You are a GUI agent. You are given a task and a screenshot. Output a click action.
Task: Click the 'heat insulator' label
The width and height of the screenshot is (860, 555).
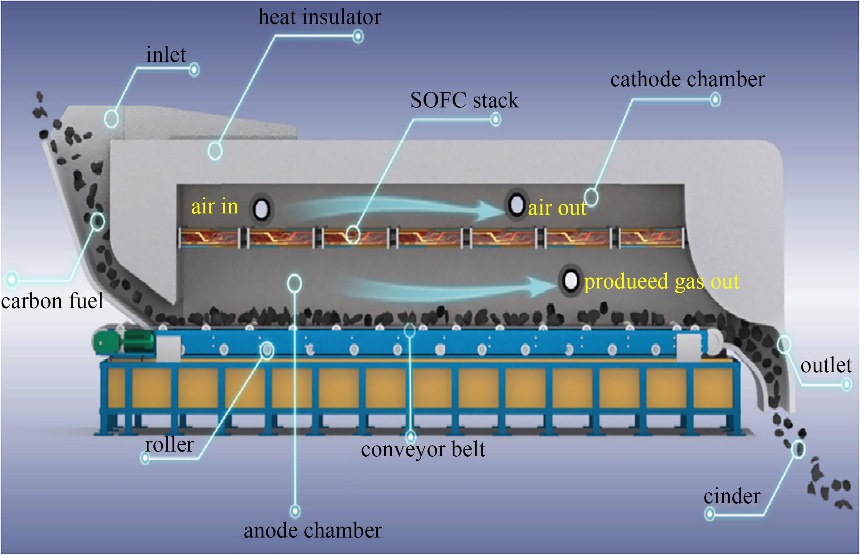click(320, 17)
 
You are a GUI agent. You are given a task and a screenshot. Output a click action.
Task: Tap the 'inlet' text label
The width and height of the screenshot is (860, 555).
click(166, 55)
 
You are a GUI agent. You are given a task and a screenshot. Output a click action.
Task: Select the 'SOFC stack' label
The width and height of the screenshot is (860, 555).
click(464, 100)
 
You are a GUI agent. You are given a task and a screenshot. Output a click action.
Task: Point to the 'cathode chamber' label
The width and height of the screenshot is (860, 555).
click(687, 79)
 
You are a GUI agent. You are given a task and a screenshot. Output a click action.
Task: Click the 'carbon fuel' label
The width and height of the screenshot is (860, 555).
click(52, 301)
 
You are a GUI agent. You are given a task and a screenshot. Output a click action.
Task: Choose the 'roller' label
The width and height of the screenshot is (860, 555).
click(169, 445)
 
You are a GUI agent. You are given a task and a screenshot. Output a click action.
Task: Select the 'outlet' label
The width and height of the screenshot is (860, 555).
click(826, 365)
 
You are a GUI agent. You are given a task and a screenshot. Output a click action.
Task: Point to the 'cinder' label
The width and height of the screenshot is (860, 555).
click(732, 496)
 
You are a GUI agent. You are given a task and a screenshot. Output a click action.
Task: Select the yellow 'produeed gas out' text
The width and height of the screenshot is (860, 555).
click(662, 282)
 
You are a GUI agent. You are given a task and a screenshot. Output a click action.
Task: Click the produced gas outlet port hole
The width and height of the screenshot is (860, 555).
click(570, 281)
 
